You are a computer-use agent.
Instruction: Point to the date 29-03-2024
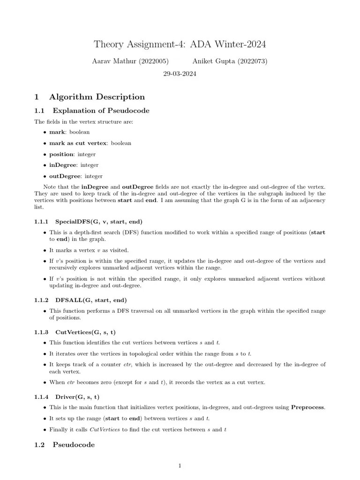(x=180, y=74)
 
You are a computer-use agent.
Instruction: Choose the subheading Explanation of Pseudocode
(x=101, y=111)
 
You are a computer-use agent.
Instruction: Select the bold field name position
(x=61, y=154)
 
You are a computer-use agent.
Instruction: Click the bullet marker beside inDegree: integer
(x=45, y=165)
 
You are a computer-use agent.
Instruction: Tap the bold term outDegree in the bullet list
(x=65, y=176)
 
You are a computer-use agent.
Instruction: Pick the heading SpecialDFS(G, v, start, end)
(x=98, y=221)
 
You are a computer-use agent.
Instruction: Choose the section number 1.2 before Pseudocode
(x=39, y=444)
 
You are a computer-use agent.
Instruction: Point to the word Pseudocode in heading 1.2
(x=74, y=444)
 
